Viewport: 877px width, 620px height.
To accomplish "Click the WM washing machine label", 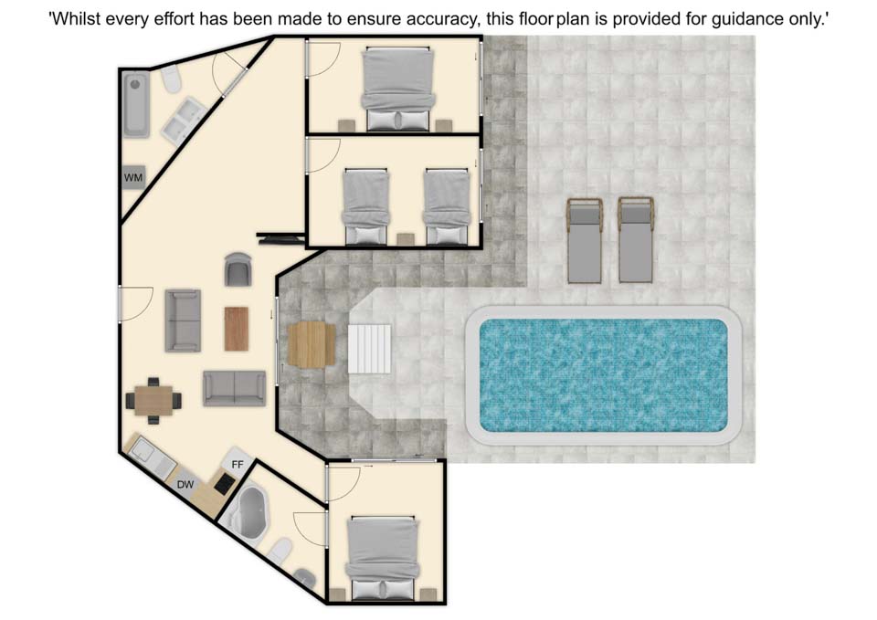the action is pos(133,178).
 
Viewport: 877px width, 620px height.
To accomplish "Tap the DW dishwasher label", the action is pos(185,485).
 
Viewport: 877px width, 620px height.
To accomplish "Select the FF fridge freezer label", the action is pos(238,465).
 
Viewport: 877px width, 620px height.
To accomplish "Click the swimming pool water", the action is pos(604,375).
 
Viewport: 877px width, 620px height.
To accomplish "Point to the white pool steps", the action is pos(370,349).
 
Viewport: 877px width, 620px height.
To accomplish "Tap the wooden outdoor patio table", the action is pos(312,345).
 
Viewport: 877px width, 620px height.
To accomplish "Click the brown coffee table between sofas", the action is pos(236,329).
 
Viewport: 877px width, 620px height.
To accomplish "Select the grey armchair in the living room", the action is pos(238,268).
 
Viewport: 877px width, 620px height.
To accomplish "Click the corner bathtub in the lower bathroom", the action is pos(248,513).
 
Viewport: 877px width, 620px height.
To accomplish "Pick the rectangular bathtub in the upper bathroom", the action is pos(136,104).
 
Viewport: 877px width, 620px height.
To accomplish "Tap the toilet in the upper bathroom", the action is pos(172,79).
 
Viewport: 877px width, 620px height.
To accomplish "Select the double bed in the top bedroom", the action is pos(397,89).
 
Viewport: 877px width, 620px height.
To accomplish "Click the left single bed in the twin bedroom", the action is pos(365,206).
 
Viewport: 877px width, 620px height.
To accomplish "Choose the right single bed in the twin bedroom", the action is pos(447,206).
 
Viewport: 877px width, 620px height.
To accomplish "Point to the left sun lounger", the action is pos(584,240).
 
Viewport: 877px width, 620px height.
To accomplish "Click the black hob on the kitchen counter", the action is pos(225,482).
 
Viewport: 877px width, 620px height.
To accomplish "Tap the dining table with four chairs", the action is pos(153,400).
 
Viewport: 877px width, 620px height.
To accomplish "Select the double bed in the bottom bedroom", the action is pos(383,558).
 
